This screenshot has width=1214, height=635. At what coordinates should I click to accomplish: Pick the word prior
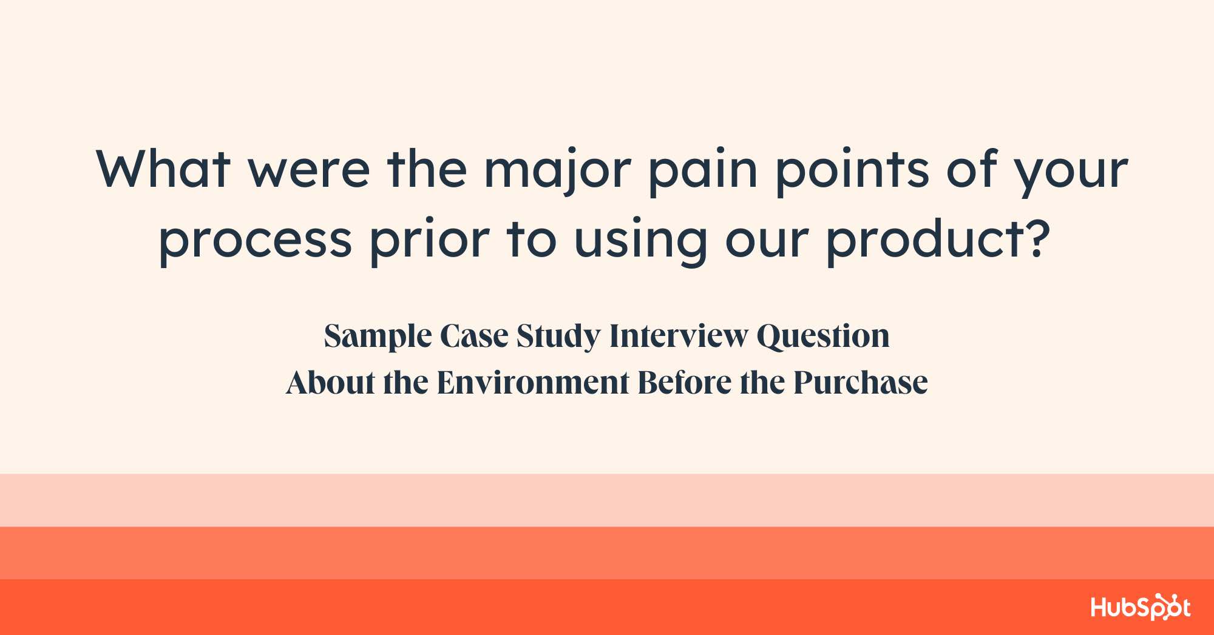(430, 240)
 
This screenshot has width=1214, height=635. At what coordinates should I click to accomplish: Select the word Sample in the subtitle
(378, 337)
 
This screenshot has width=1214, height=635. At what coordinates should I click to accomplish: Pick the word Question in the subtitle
(823, 337)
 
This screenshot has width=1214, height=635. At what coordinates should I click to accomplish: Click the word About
(331, 383)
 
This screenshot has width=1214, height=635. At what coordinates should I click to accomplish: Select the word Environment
(533, 383)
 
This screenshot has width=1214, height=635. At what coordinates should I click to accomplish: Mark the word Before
(685, 383)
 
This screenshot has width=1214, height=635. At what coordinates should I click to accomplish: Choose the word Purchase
(861, 383)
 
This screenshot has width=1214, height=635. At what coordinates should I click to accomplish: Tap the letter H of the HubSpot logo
(1099, 607)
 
